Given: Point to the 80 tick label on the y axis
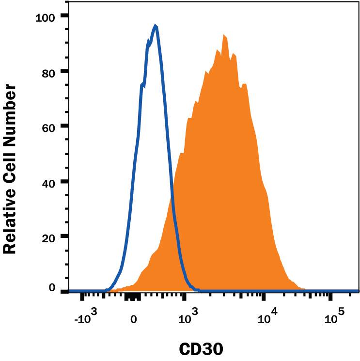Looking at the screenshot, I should coord(48,71).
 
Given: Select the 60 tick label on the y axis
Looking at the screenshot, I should coord(48,126).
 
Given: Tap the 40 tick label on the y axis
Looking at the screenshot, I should coord(48,182).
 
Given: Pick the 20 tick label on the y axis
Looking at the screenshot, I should coord(48,237).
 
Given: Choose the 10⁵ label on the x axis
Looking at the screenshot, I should coord(333,317).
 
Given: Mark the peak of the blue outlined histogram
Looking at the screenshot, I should coord(155,26).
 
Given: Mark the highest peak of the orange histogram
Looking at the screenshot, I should coord(224,35).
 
